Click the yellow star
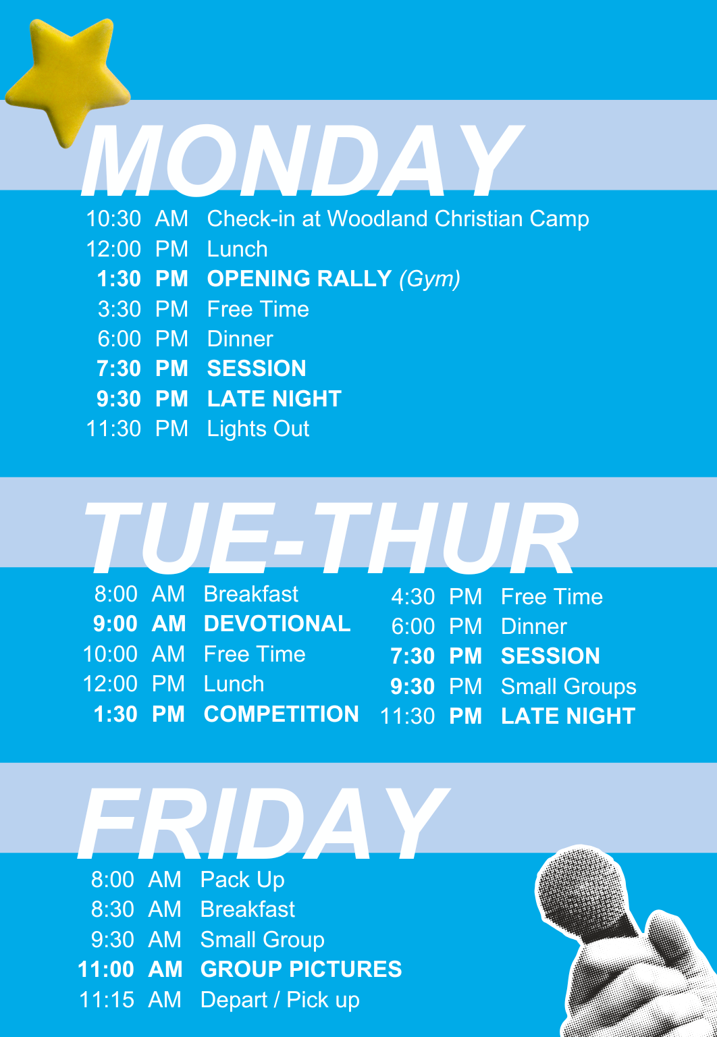[x=68, y=79]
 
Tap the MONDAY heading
[x=302, y=160]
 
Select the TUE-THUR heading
[x=331, y=537]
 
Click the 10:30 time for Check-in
[x=113, y=219]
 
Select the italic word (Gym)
[x=429, y=279]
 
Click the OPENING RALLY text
[x=300, y=278]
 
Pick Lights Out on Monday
[x=258, y=429]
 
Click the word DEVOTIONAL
[x=277, y=624]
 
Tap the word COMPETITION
[x=282, y=714]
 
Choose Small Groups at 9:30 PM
[x=568, y=687]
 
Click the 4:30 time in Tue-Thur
[x=413, y=597]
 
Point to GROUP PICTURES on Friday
[x=301, y=969]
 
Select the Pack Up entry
[x=242, y=880]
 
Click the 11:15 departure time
[x=107, y=999]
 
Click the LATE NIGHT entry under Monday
[x=275, y=398]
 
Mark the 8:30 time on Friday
[x=113, y=909]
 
